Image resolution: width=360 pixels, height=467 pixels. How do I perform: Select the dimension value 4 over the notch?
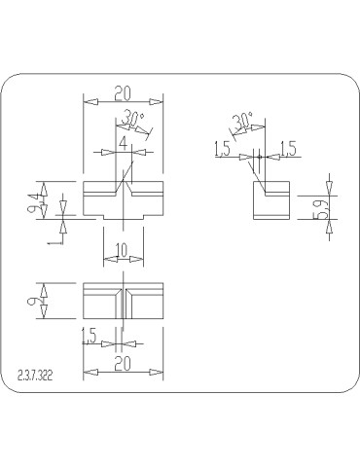[x=124, y=143]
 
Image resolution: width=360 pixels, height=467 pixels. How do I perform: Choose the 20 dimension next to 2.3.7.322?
[x=123, y=363]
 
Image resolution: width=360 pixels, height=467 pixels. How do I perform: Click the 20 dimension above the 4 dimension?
[x=124, y=93]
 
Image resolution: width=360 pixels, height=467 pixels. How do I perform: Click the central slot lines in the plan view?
[x=123, y=301]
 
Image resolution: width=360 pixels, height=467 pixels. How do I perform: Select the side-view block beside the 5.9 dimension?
[x=271, y=200]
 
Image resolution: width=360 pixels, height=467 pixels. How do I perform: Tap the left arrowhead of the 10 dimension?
[x=106, y=257]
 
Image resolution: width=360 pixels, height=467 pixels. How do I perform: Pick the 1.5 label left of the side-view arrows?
[x=222, y=148]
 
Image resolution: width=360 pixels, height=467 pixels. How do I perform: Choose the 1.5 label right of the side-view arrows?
[x=289, y=148]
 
